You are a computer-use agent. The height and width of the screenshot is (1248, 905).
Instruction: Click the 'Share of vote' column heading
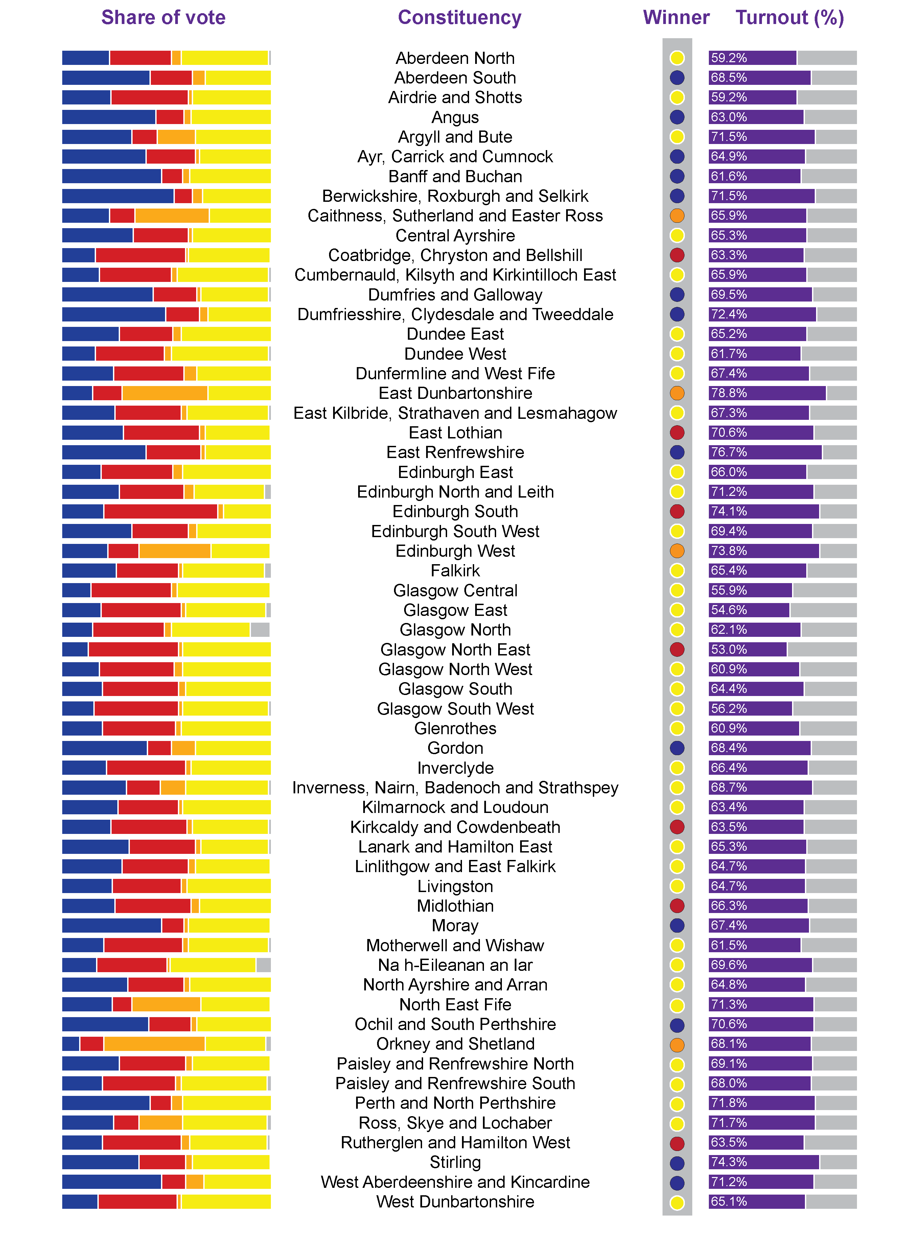click(163, 18)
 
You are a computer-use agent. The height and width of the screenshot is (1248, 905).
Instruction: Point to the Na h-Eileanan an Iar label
click(455, 965)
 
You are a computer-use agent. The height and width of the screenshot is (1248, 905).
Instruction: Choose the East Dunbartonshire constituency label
click(455, 393)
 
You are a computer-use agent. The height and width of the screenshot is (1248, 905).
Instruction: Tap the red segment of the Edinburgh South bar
click(160, 511)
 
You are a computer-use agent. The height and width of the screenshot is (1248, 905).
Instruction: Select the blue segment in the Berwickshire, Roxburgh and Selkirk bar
click(117, 196)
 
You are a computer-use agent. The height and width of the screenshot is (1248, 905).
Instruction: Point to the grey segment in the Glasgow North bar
click(260, 629)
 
